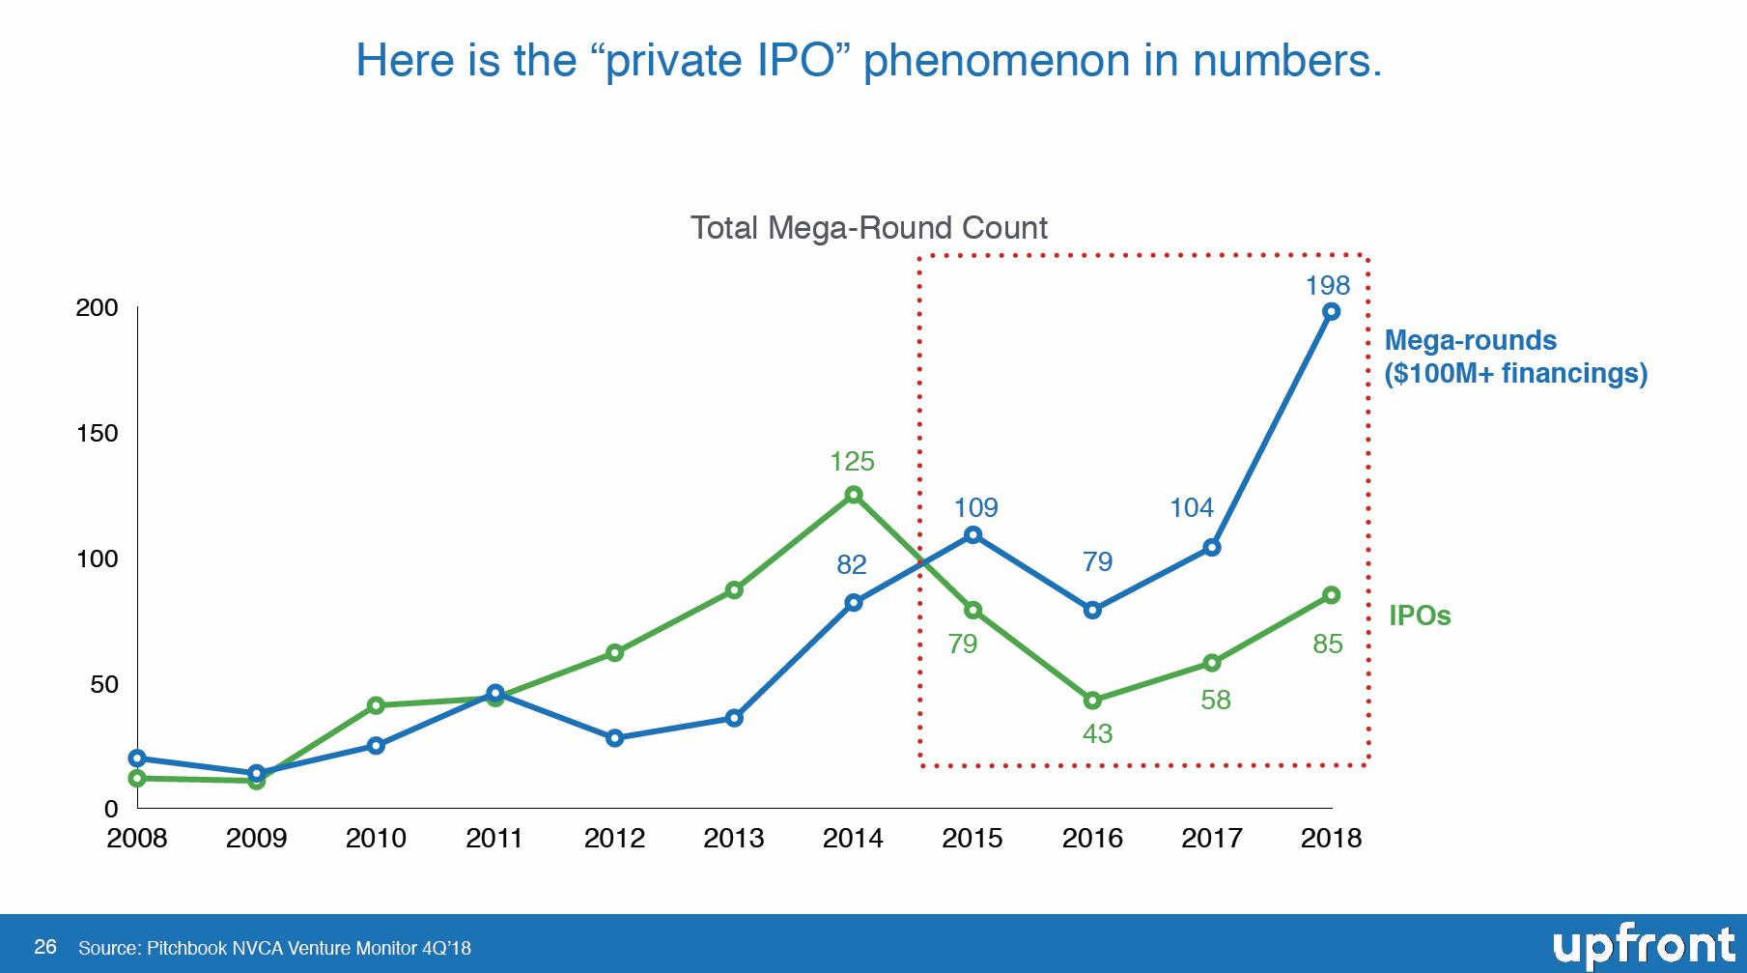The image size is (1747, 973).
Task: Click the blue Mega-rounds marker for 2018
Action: coord(1331,311)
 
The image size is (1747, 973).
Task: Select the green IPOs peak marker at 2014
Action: coord(854,495)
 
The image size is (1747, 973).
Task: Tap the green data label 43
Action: coord(1097,733)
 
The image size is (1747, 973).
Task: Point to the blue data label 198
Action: coord(1328,285)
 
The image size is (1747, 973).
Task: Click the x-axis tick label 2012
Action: coord(614,838)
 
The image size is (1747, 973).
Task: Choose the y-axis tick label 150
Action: coord(97,433)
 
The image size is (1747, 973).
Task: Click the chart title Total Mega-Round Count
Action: coord(869,228)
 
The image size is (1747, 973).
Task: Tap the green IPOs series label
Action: coord(1420,615)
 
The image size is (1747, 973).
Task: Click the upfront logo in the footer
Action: coord(1644,946)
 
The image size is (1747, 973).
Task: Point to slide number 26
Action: coord(45,947)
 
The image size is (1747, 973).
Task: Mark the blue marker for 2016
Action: coord(1092,610)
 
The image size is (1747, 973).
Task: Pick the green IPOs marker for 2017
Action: coord(1212,663)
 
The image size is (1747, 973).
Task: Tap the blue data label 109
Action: coord(975,507)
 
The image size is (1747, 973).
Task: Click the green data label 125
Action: coord(852,461)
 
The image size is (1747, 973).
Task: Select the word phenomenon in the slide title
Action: coord(996,61)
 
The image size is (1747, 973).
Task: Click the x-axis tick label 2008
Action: coord(137,838)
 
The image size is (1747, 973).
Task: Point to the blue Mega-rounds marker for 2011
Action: coord(495,693)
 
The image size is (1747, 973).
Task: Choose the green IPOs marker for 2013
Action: coord(734,590)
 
